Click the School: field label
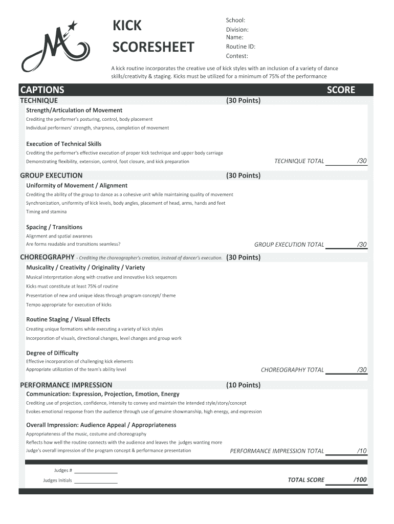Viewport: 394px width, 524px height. point(235,20)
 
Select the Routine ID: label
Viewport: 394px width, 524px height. point(240,47)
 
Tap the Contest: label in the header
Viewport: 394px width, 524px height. point(237,56)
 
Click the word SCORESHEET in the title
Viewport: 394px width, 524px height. point(153,48)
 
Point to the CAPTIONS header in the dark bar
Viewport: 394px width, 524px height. point(42,90)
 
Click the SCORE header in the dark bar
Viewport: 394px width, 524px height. point(341,90)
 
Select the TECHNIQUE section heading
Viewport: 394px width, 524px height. point(39,101)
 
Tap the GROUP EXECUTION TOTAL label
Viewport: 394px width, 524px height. point(289,245)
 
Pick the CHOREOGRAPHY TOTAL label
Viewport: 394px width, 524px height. point(292,369)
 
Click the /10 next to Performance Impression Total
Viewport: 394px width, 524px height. point(362,451)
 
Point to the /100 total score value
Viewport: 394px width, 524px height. point(360,479)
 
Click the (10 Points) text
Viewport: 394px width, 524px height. point(243,385)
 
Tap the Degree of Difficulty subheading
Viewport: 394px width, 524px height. point(52,353)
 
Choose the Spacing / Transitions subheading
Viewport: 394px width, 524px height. point(54,227)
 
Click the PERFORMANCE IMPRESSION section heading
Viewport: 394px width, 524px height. point(66,385)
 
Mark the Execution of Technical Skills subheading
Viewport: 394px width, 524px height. point(64,144)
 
